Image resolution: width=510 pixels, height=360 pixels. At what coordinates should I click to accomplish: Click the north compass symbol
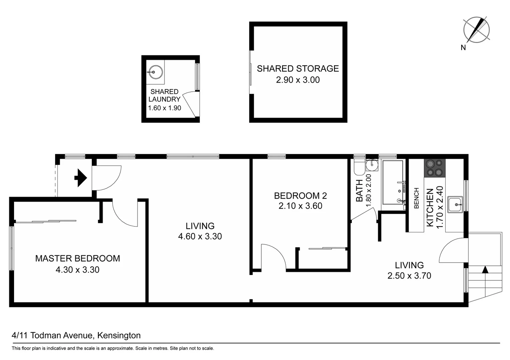(476, 30)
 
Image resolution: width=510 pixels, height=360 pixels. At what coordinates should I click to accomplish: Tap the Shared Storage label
(298, 69)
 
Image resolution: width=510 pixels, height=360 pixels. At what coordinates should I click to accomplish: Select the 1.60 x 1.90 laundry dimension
(165, 108)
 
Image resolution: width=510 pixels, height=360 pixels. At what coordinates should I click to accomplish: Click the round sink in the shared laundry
(155, 72)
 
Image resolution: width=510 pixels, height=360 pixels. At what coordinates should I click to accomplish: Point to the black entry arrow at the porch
(80, 178)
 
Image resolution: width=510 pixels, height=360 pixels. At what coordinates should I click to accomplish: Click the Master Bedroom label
(77, 258)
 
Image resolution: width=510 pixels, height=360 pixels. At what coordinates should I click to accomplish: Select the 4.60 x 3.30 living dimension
(200, 236)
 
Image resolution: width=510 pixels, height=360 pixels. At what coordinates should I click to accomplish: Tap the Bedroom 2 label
(300, 196)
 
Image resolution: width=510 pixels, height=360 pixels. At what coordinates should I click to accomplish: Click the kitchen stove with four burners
(435, 168)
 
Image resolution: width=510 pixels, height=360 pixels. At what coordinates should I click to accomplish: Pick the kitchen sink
(455, 204)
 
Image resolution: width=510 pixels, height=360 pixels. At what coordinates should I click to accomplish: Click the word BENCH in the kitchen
(416, 198)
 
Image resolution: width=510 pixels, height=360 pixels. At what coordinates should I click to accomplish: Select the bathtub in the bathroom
(393, 182)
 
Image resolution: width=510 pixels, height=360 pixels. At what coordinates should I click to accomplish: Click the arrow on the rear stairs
(485, 270)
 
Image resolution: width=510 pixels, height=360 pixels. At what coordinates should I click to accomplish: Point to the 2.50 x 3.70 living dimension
(409, 276)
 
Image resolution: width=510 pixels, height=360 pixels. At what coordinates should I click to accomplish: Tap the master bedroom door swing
(124, 213)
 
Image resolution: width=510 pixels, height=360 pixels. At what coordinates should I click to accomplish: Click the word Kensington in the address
(119, 335)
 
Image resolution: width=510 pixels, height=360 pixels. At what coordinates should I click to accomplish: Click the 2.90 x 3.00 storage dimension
(298, 80)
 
